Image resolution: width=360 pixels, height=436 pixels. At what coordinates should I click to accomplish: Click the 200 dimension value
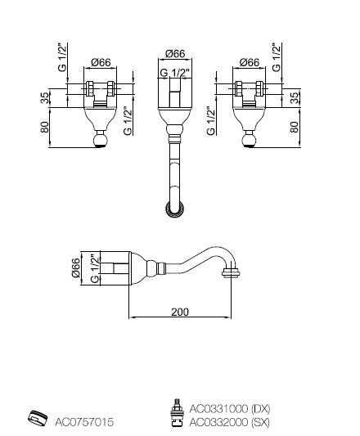point(180,312)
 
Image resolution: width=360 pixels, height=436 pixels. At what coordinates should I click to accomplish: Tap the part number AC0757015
point(84,422)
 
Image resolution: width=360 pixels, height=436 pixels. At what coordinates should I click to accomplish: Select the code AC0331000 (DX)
point(230,408)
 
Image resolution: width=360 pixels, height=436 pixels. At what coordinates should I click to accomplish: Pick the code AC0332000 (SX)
point(230,422)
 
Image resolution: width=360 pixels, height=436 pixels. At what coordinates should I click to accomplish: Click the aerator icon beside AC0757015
point(38,418)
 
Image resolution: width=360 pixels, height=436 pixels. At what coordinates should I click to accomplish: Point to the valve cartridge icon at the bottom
point(177,412)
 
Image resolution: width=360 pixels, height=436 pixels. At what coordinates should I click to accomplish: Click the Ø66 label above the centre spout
point(175,53)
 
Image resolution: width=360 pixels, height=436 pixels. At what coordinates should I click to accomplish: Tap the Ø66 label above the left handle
point(101,62)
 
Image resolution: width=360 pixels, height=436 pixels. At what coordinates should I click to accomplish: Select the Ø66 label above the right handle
point(250,62)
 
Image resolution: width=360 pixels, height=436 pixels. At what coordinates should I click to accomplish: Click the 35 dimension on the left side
point(44,97)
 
